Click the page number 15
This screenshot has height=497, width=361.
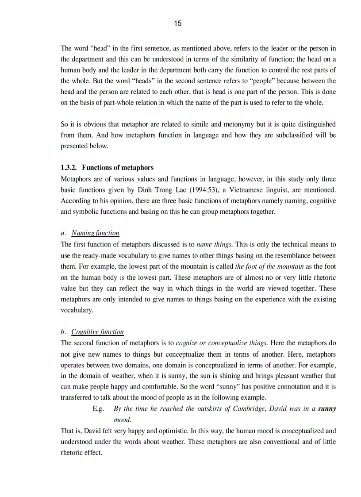click(x=177, y=23)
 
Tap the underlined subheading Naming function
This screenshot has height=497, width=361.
click(x=95, y=233)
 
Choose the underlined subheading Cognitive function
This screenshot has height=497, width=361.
click(x=97, y=331)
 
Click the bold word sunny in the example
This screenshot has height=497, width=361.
click(x=327, y=408)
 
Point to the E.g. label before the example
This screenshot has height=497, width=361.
click(x=98, y=408)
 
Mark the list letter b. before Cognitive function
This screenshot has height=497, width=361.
click(x=63, y=331)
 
